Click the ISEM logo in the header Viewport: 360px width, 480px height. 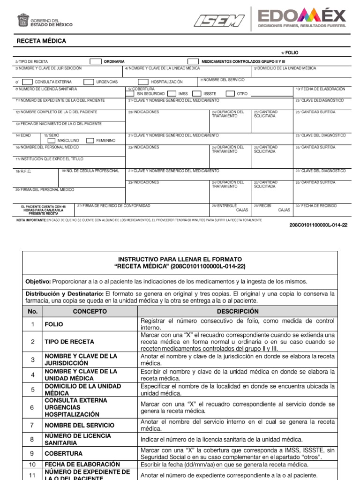[x=218, y=20]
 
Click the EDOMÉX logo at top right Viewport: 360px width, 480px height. [x=302, y=18]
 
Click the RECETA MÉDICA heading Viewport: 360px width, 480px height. [x=41, y=41]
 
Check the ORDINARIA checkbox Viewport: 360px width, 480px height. [x=96, y=61]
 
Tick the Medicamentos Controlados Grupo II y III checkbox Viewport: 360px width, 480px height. [x=193, y=61]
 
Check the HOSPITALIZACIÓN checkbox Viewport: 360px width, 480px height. [x=143, y=82]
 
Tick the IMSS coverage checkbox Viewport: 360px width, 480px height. [x=172, y=94]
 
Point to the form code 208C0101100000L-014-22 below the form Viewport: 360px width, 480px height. [x=319, y=225]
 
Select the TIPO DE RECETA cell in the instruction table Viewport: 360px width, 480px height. [x=69, y=342]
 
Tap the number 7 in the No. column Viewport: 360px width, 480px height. [x=32, y=425]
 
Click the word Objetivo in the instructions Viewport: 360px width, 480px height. [x=37, y=281]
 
